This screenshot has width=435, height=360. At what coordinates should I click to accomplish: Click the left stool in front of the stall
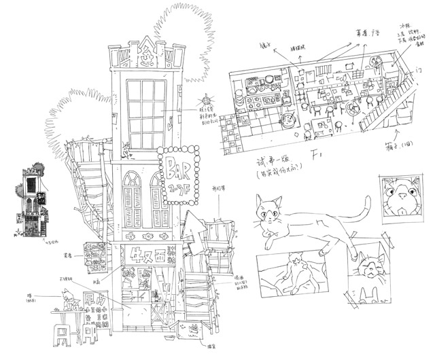(x=62, y=336)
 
